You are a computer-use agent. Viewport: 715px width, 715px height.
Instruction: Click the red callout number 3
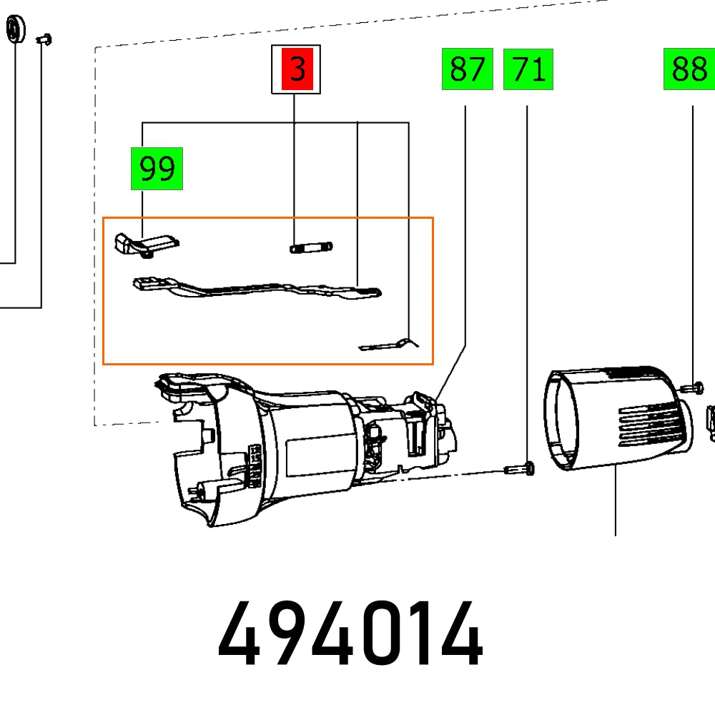click(295, 70)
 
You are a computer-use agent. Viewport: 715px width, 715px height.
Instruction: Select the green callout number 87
click(467, 70)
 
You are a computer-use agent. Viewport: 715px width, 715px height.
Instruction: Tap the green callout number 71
click(528, 70)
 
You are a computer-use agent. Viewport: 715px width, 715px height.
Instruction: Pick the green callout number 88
click(689, 70)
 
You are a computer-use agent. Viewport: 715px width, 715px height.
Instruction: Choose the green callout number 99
click(157, 169)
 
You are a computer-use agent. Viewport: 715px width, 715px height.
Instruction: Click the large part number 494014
click(350, 634)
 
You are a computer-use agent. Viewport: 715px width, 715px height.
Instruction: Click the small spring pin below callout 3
click(310, 248)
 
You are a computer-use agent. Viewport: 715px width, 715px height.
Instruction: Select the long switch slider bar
click(257, 289)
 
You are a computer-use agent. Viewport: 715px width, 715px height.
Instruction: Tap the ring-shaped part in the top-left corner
click(14, 31)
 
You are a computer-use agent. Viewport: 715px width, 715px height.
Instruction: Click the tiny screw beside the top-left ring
click(44, 39)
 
